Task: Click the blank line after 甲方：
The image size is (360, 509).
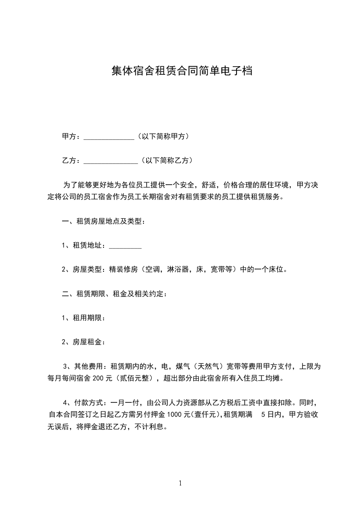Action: [109, 137]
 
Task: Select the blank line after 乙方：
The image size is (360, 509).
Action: [111, 161]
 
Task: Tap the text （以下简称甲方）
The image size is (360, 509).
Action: [163, 136]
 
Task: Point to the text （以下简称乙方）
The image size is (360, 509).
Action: [167, 160]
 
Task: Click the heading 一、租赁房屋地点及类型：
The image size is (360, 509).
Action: [103, 222]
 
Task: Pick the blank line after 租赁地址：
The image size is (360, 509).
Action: [125, 246]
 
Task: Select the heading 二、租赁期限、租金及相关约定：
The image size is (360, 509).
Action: [114, 294]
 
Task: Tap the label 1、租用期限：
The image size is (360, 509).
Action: [84, 318]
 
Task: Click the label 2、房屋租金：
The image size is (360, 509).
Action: [84, 342]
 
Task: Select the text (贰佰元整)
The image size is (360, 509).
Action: [136, 378]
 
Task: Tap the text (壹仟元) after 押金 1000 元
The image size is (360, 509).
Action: [205, 414]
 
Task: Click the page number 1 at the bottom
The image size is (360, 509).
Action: [180, 483]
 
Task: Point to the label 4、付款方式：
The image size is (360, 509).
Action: [84, 402]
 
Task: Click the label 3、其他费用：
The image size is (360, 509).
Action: [84, 366]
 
